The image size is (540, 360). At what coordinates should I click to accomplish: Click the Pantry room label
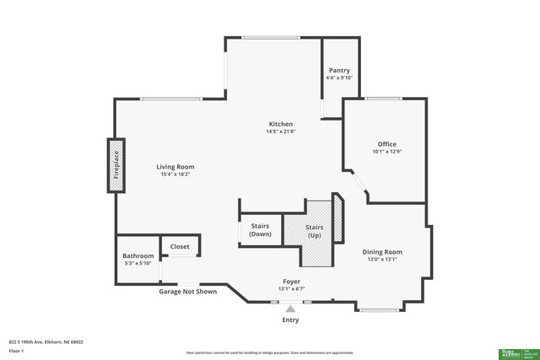coord(338,70)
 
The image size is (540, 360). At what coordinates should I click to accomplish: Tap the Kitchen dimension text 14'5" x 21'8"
coord(280,132)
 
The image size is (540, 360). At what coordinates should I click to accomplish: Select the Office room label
coord(386,144)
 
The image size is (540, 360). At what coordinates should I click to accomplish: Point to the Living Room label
coord(175,167)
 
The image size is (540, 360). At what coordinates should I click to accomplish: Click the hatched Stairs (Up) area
coord(314,229)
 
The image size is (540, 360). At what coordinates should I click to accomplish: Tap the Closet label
coord(180,247)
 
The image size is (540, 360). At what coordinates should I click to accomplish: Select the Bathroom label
coord(138,255)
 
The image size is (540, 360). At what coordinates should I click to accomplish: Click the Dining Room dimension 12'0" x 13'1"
coord(381,260)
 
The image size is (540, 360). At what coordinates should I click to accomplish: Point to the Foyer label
coord(291,281)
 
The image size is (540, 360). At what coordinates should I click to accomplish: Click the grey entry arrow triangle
coord(290,309)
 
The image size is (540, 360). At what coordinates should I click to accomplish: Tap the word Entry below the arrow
coord(290,320)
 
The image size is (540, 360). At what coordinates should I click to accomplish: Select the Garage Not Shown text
coord(188,292)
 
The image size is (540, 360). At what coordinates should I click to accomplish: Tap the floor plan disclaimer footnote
coord(269,352)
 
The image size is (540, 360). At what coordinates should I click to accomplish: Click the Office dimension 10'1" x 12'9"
coord(386,152)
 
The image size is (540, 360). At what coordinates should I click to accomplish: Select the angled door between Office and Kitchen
coord(359,186)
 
